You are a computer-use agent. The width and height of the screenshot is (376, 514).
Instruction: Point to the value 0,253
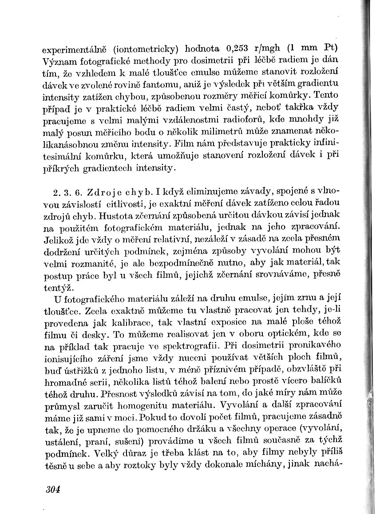[239, 48]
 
